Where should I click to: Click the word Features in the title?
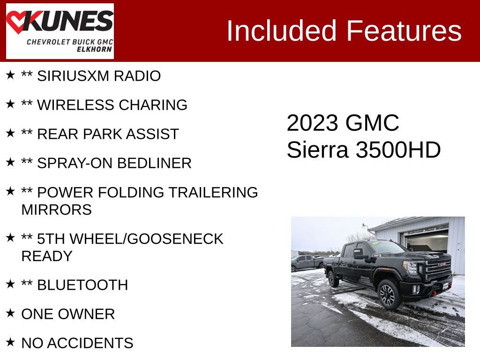coord(404,31)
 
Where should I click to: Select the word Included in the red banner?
coord(282,31)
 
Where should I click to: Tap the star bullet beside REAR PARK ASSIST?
coord(10,133)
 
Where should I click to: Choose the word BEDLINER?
coord(154,163)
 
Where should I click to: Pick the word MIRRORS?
coord(56,210)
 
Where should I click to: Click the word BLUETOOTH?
coord(82,285)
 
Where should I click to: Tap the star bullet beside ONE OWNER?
coord(10,313)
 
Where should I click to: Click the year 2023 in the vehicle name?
coord(312,123)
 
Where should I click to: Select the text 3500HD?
coord(398,150)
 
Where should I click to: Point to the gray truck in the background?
coord(307,262)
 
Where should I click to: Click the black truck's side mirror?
coord(359,255)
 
